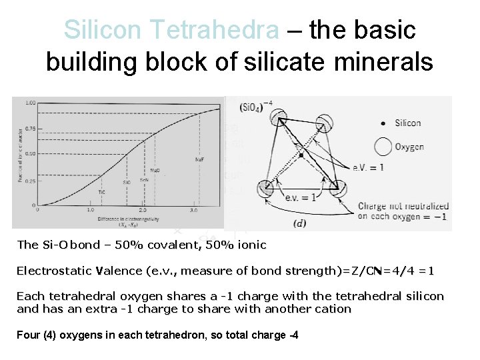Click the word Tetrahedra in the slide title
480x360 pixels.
click(215, 30)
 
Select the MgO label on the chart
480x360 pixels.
click(155, 170)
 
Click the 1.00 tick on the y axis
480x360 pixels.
click(30, 103)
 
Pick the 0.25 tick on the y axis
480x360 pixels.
click(30, 181)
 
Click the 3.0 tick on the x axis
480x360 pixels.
click(193, 210)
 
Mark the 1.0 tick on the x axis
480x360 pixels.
click(91, 210)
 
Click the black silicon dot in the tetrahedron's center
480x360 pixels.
click(301, 155)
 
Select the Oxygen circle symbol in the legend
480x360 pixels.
click(383, 146)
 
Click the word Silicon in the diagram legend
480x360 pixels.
click(407, 123)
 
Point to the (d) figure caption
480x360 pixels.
click(299, 223)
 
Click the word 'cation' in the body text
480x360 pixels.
click(334, 309)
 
